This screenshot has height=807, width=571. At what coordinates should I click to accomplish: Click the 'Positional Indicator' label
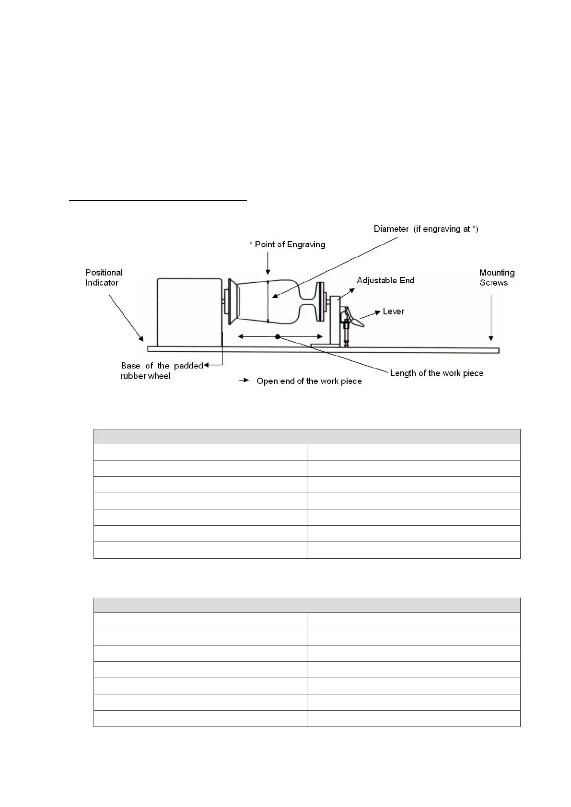tap(104, 277)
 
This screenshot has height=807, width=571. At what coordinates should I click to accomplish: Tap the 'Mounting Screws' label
tap(497, 277)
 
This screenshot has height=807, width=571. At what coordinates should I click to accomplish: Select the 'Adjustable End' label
tap(385, 280)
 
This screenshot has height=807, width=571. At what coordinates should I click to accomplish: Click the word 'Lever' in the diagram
tap(393, 311)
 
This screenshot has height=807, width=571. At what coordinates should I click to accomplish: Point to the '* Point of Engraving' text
tap(287, 244)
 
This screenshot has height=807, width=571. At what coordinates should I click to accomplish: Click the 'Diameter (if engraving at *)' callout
tap(426, 229)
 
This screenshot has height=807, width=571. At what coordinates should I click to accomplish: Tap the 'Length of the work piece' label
tap(436, 373)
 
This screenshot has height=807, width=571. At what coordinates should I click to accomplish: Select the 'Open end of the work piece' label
tap(309, 381)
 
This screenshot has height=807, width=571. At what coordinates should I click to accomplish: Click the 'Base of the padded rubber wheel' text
tap(162, 371)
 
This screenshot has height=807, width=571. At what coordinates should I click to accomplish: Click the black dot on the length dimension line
tap(278, 337)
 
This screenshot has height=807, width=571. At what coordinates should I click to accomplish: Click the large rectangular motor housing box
tap(189, 311)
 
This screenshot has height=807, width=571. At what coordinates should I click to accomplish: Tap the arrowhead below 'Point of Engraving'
tap(268, 273)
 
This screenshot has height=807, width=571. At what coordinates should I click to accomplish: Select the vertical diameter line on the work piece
tap(268, 301)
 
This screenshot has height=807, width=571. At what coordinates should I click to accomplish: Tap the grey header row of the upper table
tap(306, 437)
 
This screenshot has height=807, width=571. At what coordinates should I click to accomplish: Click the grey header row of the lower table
tap(306, 605)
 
